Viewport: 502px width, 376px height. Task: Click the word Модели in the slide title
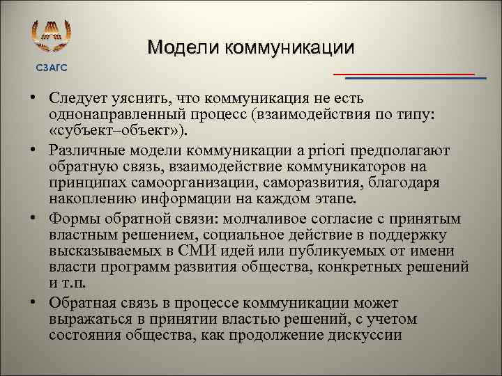coord(181,47)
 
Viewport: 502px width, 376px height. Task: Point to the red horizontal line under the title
coord(404,73)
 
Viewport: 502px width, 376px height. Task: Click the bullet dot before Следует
coord(33,97)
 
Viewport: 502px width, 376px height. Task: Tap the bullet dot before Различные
coord(33,150)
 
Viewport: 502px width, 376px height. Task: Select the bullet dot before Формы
coord(33,218)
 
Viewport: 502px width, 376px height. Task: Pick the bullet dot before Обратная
coord(33,303)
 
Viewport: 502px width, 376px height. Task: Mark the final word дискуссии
coord(363,336)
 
